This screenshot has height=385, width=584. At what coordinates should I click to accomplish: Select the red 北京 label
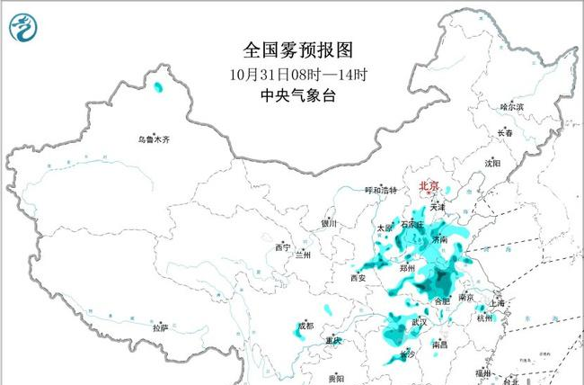[x=429, y=186]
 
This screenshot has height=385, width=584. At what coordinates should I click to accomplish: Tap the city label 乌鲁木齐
[x=153, y=139]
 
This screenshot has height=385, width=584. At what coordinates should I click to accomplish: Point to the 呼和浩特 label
[x=380, y=191]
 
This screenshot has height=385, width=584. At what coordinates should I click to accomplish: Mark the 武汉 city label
[x=419, y=322]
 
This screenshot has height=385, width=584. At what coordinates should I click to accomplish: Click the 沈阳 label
[x=491, y=164]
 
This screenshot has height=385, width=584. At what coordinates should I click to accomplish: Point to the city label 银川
[x=329, y=223]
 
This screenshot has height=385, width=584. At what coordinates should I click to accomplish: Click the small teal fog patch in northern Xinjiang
[x=159, y=87]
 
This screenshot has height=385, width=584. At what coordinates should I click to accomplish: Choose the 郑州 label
[x=410, y=268]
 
